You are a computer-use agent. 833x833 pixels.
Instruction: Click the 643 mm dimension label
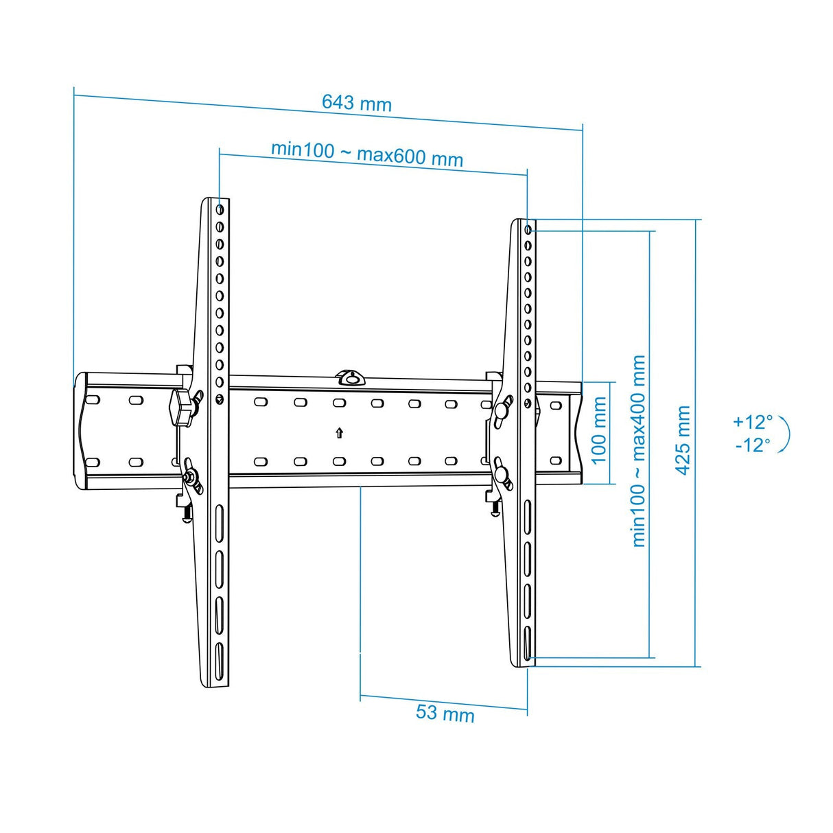click(x=356, y=103)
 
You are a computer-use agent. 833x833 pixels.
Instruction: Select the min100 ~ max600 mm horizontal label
click(x=366, y=153)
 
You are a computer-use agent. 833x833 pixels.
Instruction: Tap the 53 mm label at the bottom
click(x=445, y=713)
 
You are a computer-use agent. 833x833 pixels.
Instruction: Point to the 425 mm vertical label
click(x=683, y=439)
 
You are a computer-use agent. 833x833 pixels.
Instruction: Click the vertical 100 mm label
click(x=599, y=430)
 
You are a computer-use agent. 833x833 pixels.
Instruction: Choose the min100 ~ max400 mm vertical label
click(x=639, y=451)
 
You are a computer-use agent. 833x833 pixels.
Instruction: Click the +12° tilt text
click(x=752, y=421)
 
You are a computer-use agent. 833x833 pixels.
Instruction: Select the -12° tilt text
click(x=752, y=445)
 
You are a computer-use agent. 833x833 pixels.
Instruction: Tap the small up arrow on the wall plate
click(x=340, y=432)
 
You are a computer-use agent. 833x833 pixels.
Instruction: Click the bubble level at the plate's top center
click(x=351, y=377)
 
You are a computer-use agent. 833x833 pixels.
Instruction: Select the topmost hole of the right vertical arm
click(x=528, y=229)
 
